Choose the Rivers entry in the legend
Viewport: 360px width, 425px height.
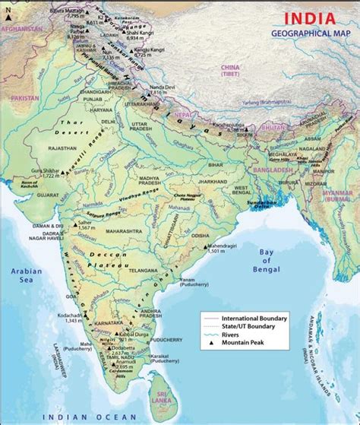(x=232, y=335)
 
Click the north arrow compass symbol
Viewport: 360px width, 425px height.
(x=7, y=8)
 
